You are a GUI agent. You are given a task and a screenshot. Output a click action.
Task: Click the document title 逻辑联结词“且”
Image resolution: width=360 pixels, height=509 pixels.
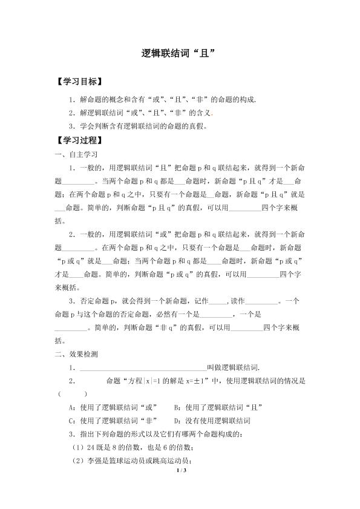tap(180, 53)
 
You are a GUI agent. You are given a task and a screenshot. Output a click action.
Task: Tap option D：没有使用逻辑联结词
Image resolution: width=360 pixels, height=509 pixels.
tap(212, 420)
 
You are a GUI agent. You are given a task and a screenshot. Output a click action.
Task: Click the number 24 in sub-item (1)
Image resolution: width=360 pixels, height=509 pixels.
tap(88, 447)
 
